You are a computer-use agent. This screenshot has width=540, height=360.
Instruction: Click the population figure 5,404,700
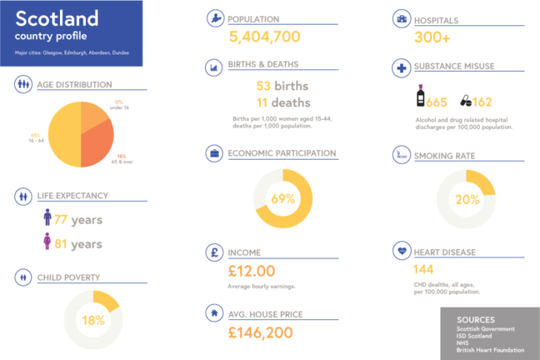click(x=264, y=37)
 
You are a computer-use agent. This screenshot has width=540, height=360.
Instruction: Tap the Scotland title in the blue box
click(x=57, y=17)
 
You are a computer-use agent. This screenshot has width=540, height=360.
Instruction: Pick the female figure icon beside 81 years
click(x=47, y=243)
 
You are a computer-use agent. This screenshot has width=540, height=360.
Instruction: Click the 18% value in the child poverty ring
click(x=92, y=320)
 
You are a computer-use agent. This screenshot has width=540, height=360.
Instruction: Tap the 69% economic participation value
click(x=282, y=199)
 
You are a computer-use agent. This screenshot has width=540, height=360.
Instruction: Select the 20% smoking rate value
click(x=467, y=200)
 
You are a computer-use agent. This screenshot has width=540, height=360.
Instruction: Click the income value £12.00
click(x=251, y=271)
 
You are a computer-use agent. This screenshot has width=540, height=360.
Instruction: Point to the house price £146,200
click(x=260, y=332)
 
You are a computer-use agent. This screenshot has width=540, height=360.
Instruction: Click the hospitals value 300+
click(x=432, y=37)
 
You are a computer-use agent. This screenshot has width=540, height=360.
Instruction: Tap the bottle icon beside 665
click(x=420, y=96)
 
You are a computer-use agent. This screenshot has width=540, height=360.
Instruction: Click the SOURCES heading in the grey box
click(x=476, y=319)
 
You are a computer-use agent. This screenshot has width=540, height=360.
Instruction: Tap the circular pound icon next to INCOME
click(x=215, y=252)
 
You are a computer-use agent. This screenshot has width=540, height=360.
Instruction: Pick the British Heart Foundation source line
click(x=491, y=350)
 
